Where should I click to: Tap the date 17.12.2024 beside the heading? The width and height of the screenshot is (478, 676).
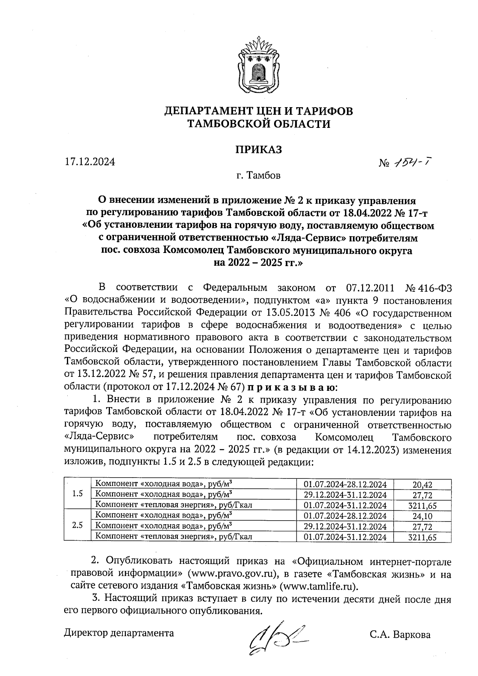(90, 162)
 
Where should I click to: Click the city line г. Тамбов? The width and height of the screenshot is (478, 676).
(258, 175)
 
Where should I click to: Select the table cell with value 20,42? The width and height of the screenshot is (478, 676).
(422, 484)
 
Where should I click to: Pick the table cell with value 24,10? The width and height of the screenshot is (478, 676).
(422, 516)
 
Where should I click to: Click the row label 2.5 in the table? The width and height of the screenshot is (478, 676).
(78, 525)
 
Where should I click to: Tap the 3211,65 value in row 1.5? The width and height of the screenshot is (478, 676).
(422, 506)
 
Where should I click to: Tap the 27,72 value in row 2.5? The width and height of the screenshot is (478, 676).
(422, 527)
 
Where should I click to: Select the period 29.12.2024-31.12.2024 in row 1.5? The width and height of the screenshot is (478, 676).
(345, 495)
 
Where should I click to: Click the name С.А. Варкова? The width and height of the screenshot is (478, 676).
(400, 635)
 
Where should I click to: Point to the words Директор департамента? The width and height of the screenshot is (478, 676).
(119, 633)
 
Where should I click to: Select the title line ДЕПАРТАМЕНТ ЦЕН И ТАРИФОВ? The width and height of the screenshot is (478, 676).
(259, 111)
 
